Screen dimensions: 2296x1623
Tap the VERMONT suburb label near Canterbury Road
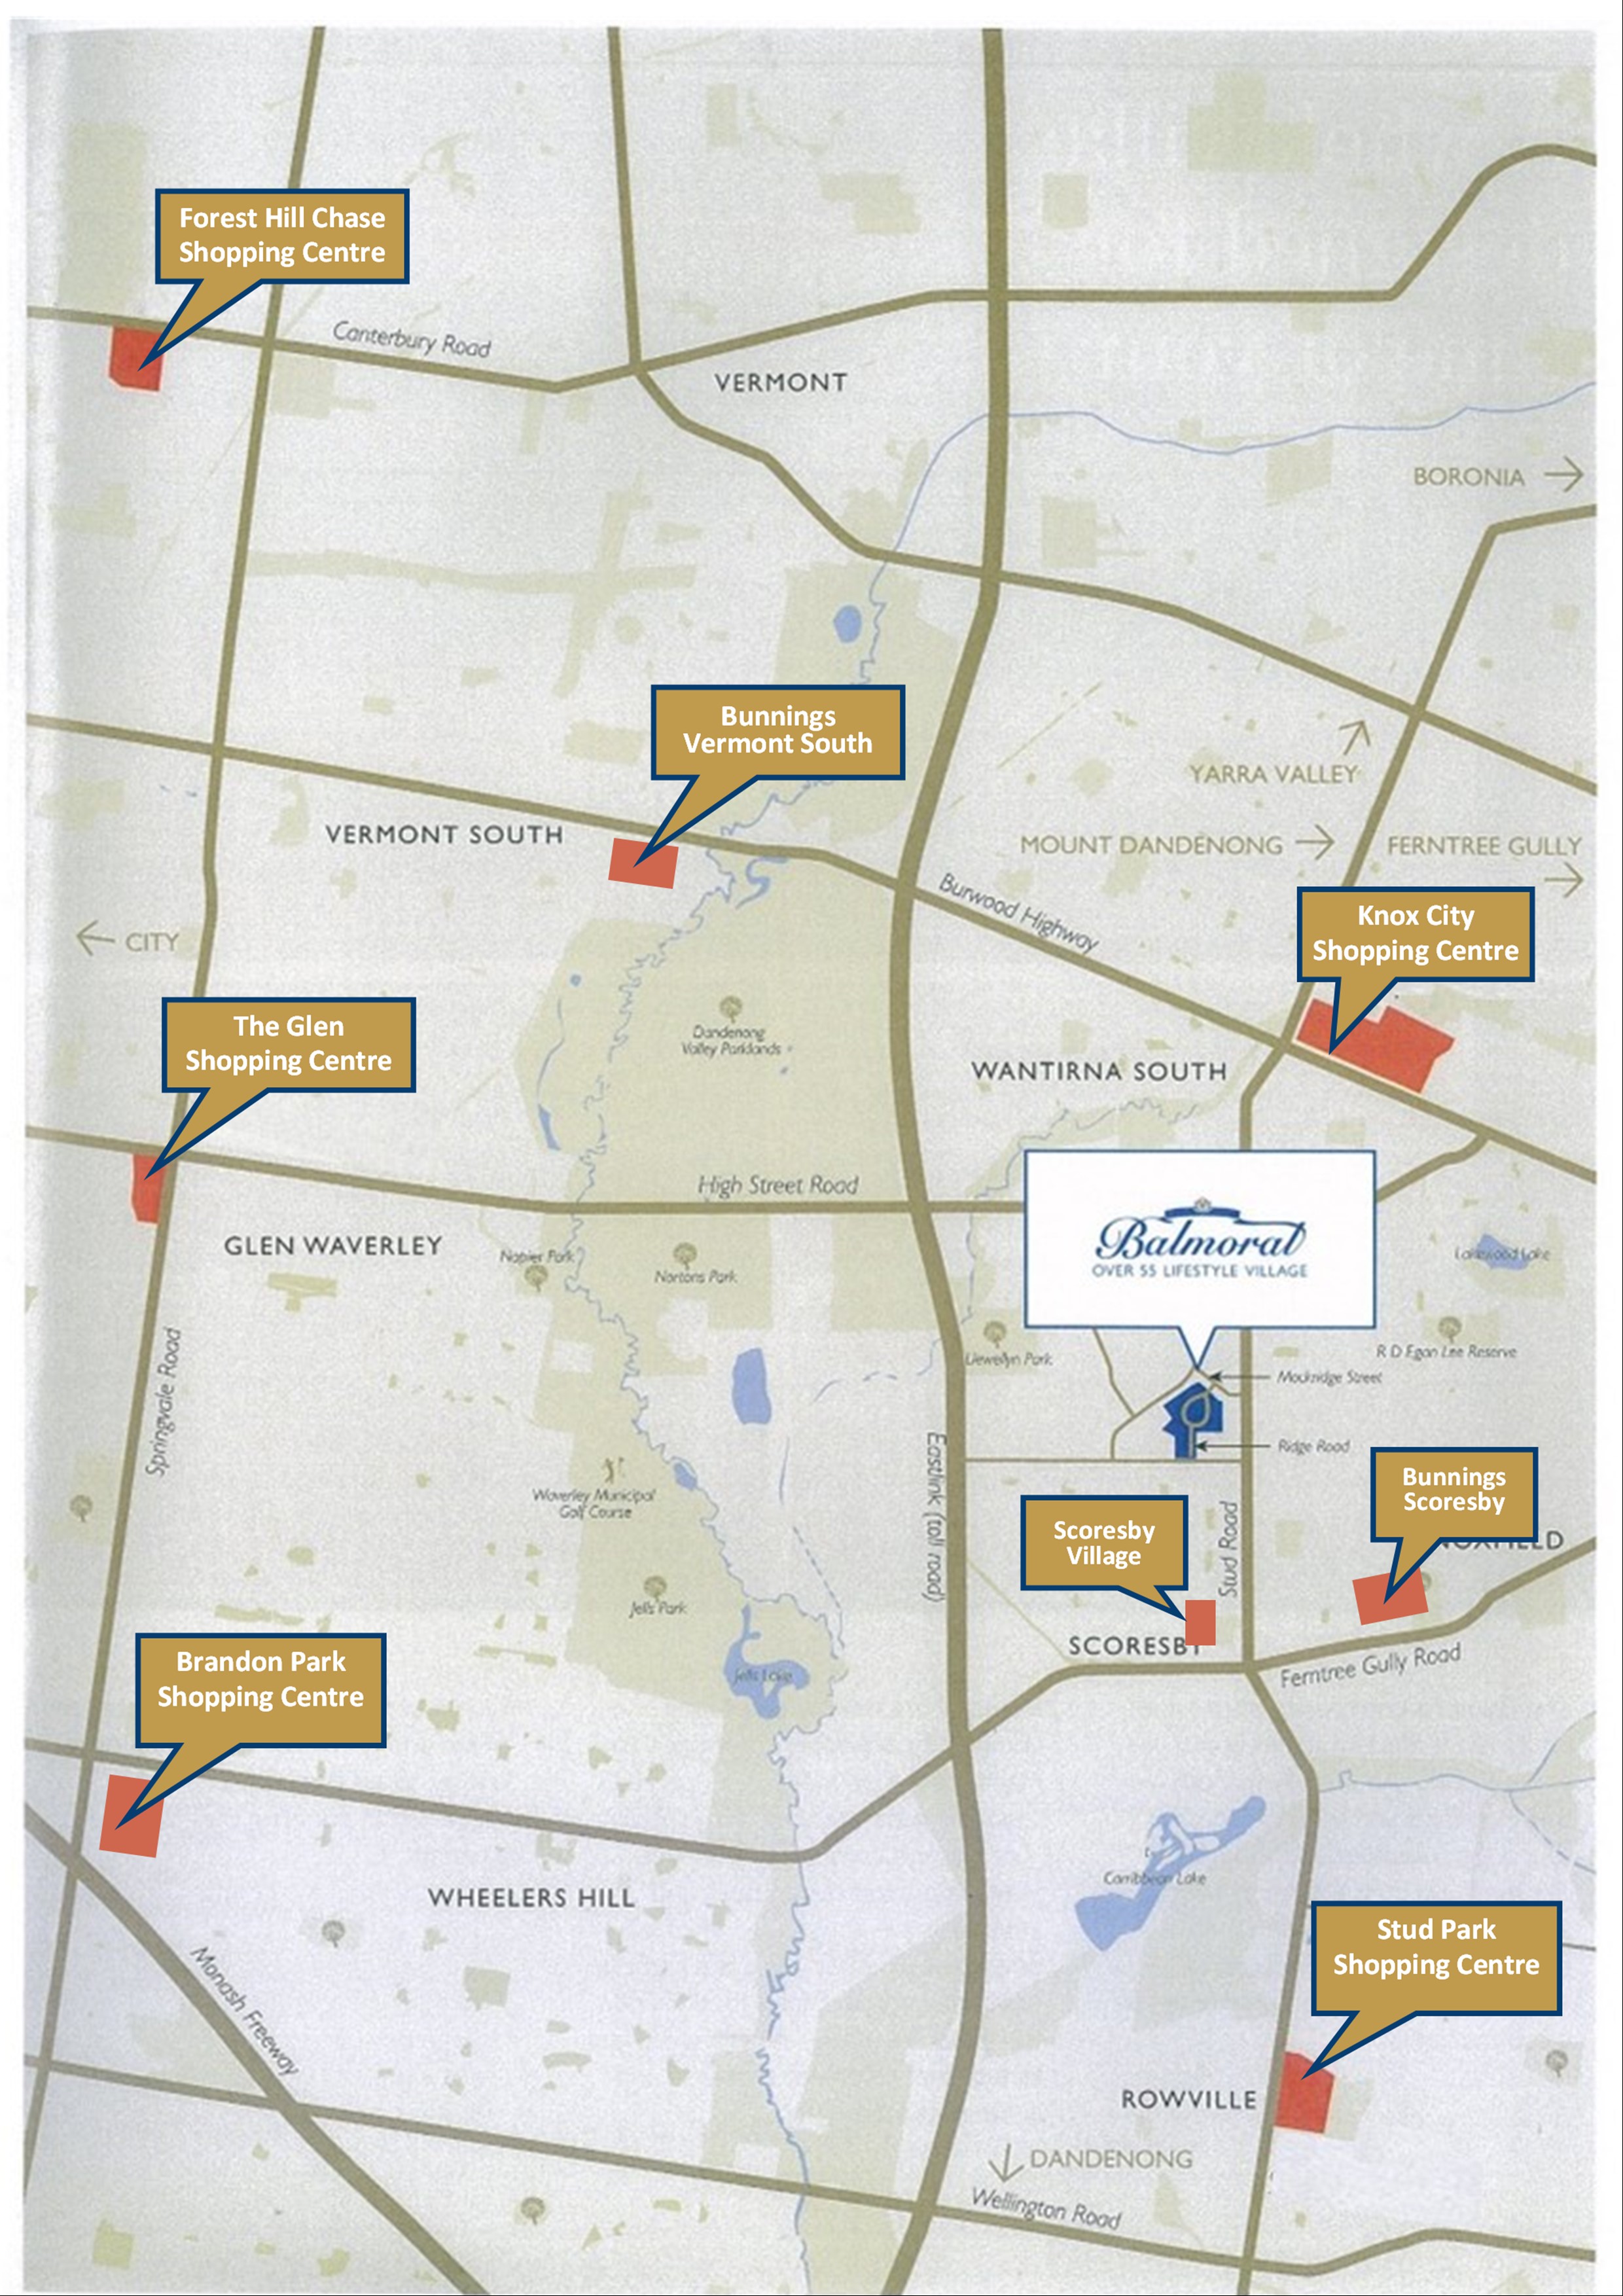(780, 382)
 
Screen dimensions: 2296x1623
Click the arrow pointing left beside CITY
(95, 939)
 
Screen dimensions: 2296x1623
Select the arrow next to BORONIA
(1562, 475)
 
